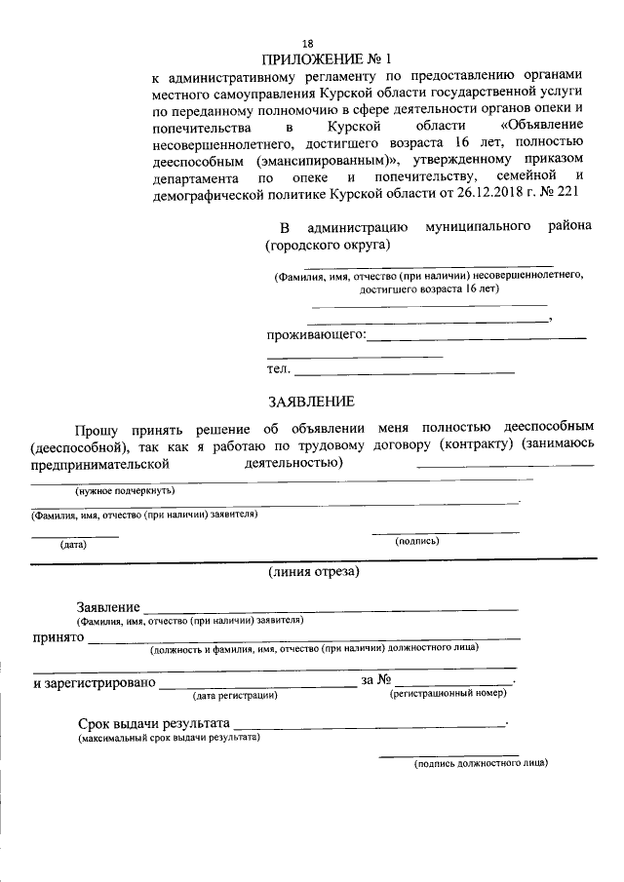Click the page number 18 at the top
(308, 43)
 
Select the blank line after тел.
(405, 372)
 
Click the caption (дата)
(73, 544)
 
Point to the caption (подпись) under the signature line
(416, 540)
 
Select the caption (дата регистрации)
(235, 695)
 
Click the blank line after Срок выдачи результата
(370, 723)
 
